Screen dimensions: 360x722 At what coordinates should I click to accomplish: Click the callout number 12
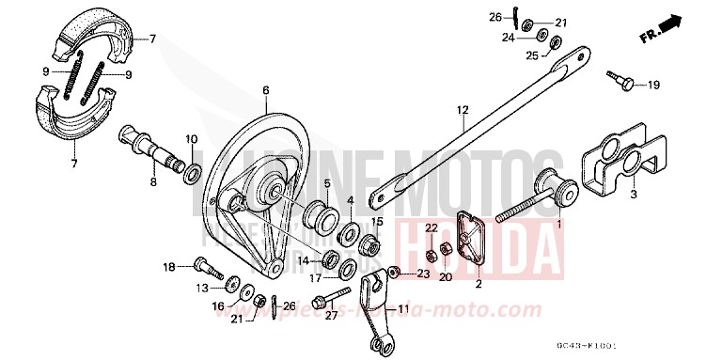click(463, 110)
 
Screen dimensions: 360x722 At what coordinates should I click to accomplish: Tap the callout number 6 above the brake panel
click(266, 90)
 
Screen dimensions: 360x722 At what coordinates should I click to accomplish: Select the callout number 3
click(634, 195)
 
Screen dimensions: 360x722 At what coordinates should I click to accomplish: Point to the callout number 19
click(653, 86)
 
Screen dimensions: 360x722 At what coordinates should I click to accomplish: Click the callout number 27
click(330, 317)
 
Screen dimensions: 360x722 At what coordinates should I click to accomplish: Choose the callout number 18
click(169, 267)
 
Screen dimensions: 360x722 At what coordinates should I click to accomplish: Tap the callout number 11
click(402, 309)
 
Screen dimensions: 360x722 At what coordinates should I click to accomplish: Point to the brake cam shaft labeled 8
click(146, 150)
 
